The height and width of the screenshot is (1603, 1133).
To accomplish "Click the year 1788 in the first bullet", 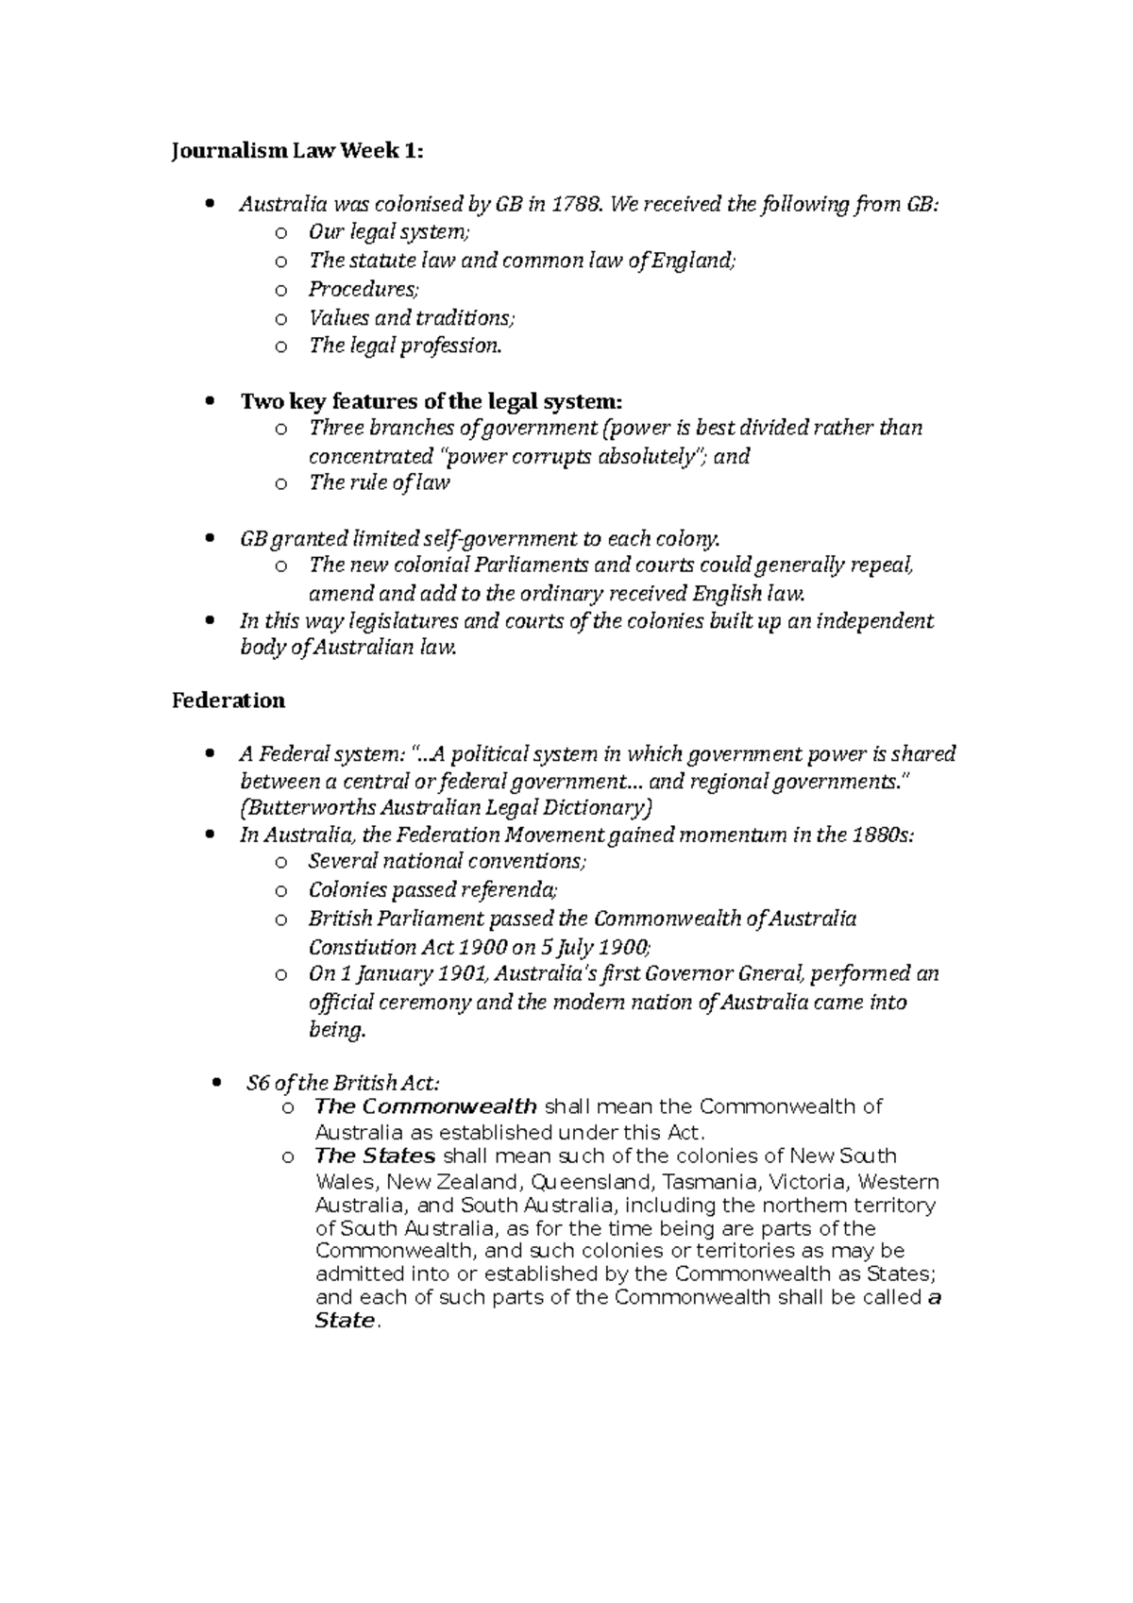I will [577, 204].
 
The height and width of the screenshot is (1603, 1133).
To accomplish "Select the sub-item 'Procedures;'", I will [363, 289].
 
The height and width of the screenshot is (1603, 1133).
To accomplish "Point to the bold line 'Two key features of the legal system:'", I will [431, 401].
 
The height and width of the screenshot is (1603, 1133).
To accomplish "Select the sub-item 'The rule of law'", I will [379, 483].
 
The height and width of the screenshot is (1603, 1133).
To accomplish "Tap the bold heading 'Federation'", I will [228, 700].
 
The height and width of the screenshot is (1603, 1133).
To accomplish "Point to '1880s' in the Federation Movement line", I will [882, 835].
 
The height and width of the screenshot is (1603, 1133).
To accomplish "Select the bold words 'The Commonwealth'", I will [426, 1106].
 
